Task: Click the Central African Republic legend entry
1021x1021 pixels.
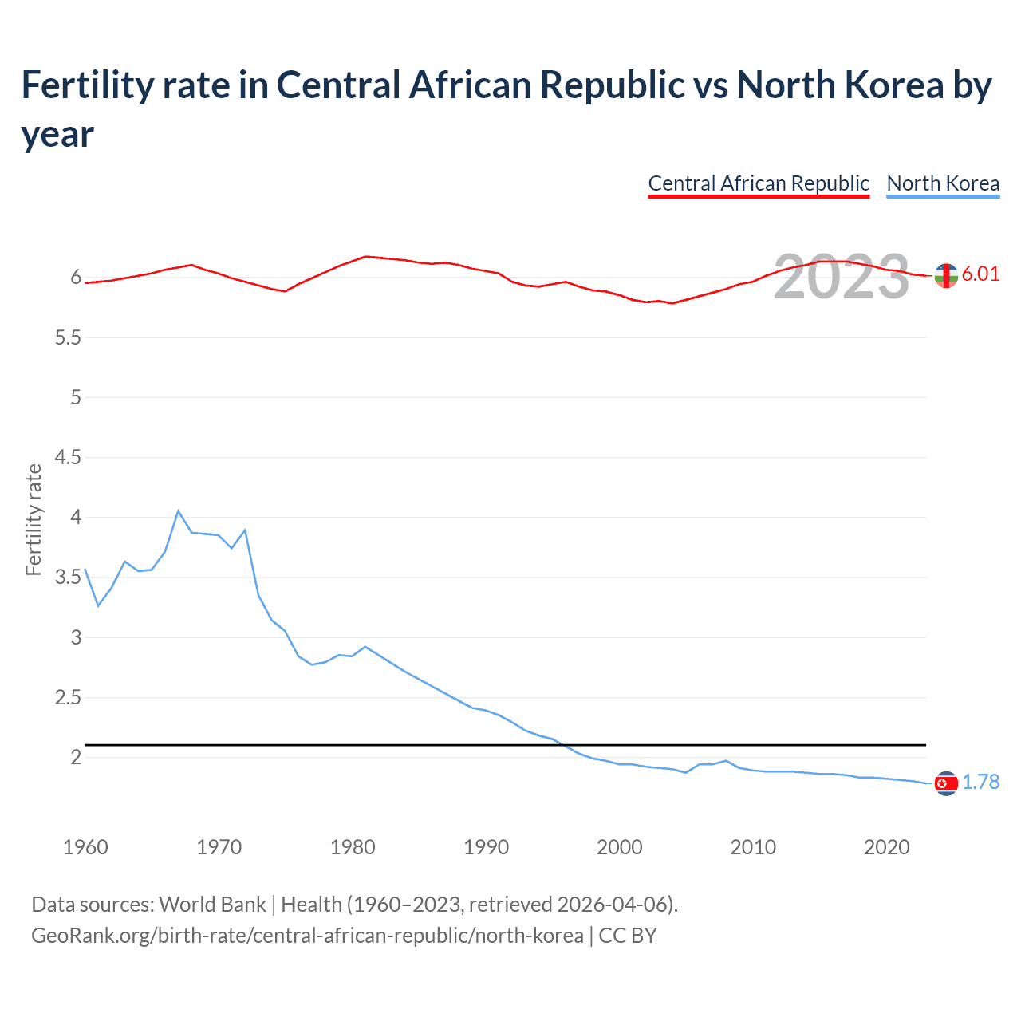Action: (758, 183)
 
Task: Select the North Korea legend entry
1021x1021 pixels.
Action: (943, 183)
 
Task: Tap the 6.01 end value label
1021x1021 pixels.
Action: (980, 274)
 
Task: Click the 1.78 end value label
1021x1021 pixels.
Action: (980, 782)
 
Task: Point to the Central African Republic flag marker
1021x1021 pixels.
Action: (946, 275)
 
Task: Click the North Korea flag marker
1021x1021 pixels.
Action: (946, 784)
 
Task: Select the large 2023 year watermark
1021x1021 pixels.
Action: (842, 277)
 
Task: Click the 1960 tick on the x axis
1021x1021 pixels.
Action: (85, 847)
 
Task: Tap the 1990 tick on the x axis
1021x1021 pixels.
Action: (486, 847)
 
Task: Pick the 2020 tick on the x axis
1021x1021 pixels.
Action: (886, 847)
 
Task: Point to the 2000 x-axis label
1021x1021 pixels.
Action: (619, 847)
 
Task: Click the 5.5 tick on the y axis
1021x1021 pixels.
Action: (68, 338)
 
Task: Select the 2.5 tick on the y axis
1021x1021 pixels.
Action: (68, 698)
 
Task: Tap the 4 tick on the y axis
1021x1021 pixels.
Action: (76, 518)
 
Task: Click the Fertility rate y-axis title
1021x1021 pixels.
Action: (34, 519)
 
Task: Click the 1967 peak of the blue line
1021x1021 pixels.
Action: (178, 510)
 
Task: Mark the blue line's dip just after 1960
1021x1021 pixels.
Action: (98, 605)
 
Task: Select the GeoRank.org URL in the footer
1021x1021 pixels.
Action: (307, 935)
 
